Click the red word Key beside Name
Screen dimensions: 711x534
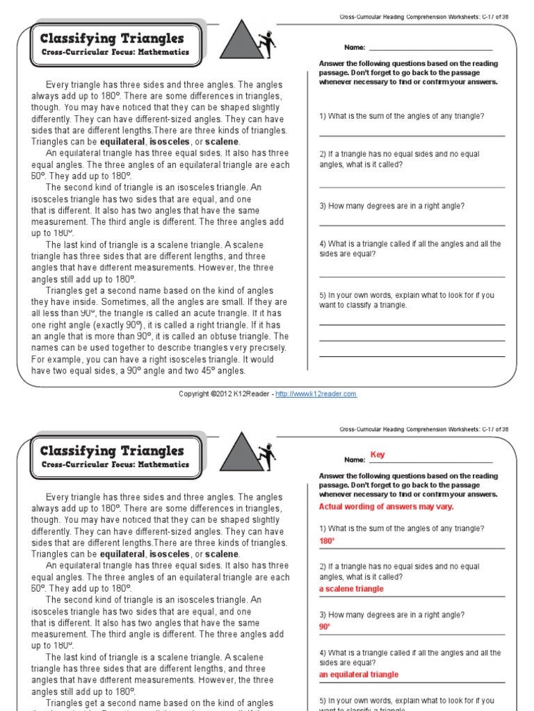tap(378, 455)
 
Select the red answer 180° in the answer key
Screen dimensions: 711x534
tap(327, 540)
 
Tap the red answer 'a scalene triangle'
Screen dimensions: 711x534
tap(351, 589)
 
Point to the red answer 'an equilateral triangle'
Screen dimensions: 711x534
tap(359, 674)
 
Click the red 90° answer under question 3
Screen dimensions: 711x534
tap(325, 626)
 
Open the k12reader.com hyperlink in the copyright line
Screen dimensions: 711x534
tap(316, 394)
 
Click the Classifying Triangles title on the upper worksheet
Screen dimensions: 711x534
tap(112, 39)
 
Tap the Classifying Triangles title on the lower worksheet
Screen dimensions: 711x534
tap(112, 451)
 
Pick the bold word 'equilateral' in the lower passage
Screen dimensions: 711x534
tap(122, 554)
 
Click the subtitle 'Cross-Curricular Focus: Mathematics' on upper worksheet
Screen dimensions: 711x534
tap(115, 53)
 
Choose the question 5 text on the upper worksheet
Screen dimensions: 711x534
tap(407, 300)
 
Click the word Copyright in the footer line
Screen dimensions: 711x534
tap(193, 394)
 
